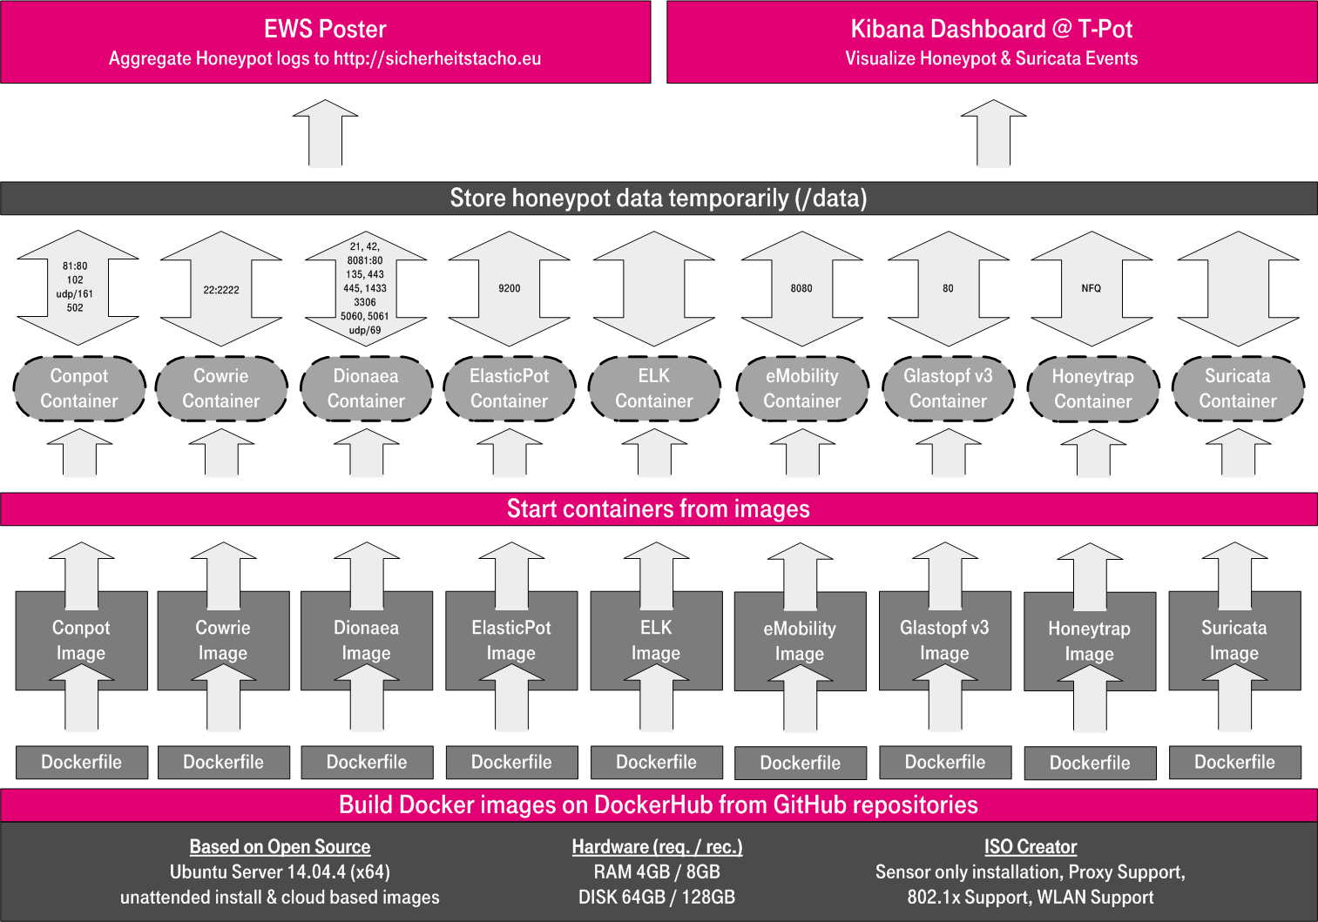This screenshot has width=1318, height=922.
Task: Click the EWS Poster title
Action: coord(325,29)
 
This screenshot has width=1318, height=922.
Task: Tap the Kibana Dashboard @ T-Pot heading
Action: coord(991,29)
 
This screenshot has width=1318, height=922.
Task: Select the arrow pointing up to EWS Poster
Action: coord(325,132)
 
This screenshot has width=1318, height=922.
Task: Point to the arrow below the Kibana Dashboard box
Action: coord(993,132)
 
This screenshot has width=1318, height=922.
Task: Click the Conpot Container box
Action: coord(79,388)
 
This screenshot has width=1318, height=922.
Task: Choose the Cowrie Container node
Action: coord(221,388)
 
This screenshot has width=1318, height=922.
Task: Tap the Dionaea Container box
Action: coord(366,388)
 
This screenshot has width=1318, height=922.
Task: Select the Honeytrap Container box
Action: coord(1092,389)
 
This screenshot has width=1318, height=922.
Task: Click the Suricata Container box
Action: coord(1237,388)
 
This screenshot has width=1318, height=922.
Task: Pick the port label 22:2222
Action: coord(221,290)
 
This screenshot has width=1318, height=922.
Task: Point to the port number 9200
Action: coord(510,288)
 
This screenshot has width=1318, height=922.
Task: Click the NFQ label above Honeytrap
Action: coord(1091,288)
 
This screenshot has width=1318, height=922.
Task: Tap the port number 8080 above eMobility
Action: coord(801,288)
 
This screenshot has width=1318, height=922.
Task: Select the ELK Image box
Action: coord(656,640)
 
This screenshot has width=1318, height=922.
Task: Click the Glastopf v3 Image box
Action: coord(944,640)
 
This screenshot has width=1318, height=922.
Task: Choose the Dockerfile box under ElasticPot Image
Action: coord(511,762)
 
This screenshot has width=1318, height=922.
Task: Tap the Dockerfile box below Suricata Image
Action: coord(1234,762)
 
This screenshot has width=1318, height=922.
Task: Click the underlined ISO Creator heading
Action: coord(1031,846)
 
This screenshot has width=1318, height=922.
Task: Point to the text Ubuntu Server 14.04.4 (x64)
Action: coord(280,872)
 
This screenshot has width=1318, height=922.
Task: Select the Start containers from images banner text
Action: coord(659,508)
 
